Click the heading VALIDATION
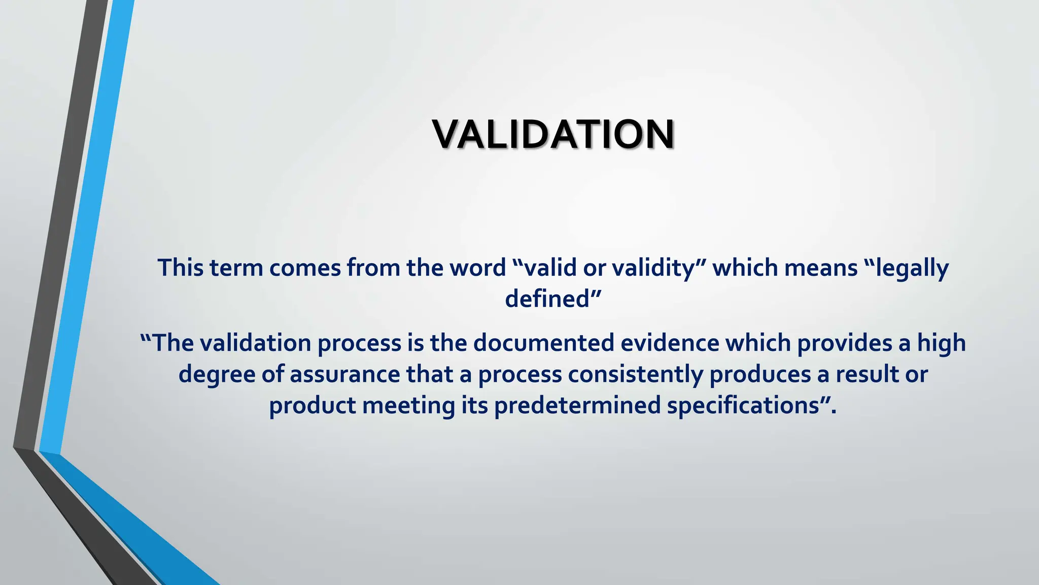553,135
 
